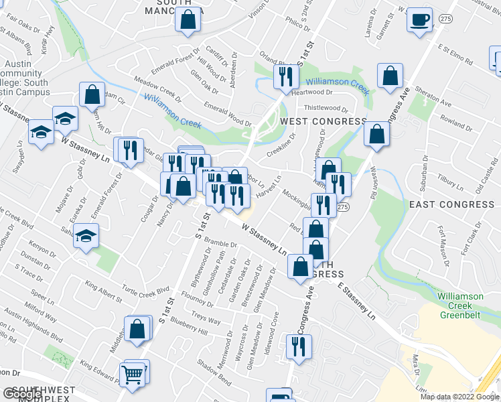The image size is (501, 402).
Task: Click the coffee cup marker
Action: pos(420,19)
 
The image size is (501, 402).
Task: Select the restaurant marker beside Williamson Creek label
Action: pos(286,77)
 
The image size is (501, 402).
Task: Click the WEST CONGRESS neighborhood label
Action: pos(324,121)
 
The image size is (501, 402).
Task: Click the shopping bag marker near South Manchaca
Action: pos(188,20)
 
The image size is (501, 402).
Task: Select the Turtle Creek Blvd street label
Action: pos(145,291)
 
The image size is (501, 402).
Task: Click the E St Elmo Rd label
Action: pos(455,55)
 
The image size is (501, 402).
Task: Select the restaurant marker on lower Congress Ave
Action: pos(297,346)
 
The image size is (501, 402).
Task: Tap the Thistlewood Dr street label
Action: pos(326,109)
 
